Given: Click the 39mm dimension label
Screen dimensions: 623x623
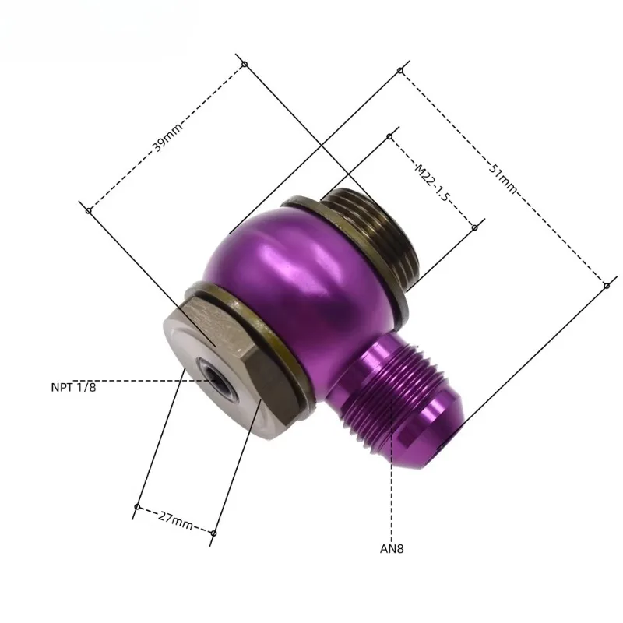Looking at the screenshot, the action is (167, 137).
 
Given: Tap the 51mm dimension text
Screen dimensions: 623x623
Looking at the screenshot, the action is (503, 179).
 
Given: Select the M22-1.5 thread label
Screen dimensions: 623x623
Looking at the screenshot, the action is (431, 183).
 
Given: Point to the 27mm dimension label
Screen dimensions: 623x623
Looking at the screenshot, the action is (175, 520).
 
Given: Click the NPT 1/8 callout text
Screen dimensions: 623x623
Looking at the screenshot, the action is (73, 387).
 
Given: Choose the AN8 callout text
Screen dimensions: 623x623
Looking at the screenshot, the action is (392, 549).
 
